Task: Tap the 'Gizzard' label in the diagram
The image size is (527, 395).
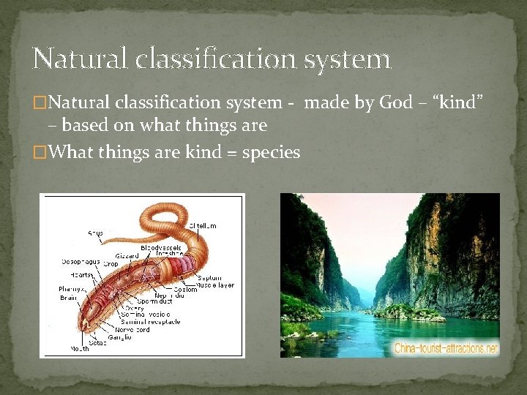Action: click(x=127, y=256)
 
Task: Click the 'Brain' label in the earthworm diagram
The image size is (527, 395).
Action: click(x=68, y=298)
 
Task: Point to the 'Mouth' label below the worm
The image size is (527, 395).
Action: click(x=80, y=349)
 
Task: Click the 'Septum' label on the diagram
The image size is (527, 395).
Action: click(x=209, y=279)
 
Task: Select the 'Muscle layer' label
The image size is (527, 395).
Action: click(x=215, y=285)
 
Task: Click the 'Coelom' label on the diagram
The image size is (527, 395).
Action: click(x=185, y=290)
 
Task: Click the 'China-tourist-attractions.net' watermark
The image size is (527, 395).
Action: click(x=445, y=348)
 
